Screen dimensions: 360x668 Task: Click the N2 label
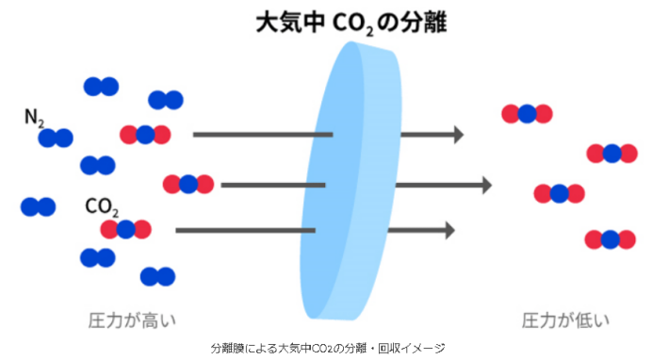tap(35, 118)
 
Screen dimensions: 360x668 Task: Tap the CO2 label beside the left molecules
tap(101, 205)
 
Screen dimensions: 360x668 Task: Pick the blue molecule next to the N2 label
tap(56, 139)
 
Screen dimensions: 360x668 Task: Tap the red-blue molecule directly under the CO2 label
tap(126, 229)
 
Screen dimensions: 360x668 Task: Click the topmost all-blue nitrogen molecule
tap(101, 87)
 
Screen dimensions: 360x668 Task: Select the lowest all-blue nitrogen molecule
tap(157, 276)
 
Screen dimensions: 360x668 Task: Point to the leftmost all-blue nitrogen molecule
tap(38, 206)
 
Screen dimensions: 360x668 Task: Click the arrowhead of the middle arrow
tap(485, 185)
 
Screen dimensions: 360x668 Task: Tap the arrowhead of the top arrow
tap(458, 135)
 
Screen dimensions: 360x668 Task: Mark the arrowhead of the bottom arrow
tap(449, 230)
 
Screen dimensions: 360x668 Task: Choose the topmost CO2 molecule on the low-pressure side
tap(527, 114)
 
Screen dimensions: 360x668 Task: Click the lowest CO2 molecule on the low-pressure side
tap(610, 239)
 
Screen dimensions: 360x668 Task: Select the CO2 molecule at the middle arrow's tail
tap(187, 184)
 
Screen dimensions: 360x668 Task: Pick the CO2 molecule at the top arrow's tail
tap(145, 135)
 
